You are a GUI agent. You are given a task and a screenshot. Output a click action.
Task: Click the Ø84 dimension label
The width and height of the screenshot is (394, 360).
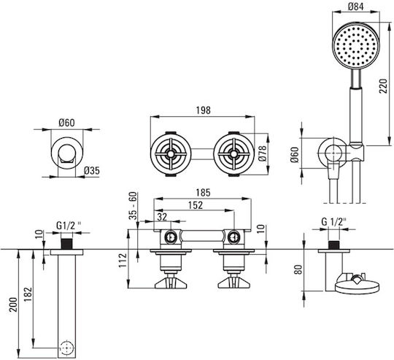(x=356, y=7)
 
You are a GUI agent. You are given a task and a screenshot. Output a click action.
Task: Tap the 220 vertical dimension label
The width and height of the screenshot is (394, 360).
(x=384, y=86)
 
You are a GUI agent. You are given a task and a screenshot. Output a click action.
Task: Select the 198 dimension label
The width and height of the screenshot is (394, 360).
(x=204, y=110)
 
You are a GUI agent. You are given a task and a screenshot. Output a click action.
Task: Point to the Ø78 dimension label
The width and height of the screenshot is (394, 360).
(x=263, y=153)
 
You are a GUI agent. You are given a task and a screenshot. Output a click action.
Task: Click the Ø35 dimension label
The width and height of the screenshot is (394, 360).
(x=92, y=171)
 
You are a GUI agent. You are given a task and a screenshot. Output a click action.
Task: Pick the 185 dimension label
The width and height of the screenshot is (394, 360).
(x=203, y=193)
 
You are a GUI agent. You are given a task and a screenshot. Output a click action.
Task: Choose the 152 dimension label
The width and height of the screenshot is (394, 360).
(x=196, y=205)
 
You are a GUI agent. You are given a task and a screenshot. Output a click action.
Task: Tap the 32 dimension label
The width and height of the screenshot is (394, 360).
(x=162, y=217)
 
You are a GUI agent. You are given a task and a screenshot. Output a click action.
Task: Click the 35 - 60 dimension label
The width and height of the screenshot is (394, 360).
(x=134, y=206)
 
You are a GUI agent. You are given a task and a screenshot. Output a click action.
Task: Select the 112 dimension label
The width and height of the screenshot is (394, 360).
(x=123, y=261)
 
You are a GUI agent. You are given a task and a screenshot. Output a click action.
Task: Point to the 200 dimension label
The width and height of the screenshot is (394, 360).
(x=13, y=305)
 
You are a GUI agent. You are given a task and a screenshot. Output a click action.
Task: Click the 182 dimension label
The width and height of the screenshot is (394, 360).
(x=28, y=294)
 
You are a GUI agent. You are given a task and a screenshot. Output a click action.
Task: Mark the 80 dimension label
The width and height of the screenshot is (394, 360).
(x=298, y=269)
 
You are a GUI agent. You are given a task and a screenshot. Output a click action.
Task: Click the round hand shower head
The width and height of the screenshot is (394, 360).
(x=356, y=45)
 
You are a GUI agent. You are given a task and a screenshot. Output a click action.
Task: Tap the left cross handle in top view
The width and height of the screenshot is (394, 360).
(x=171, y=154)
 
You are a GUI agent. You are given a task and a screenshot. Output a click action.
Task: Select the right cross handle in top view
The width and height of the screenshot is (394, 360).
(x=234, y=154)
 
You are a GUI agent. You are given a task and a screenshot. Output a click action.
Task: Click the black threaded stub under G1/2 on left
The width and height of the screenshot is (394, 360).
(x=67, y=244)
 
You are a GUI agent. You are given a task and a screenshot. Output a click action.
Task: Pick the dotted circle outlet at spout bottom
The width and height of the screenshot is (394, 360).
(x=66, y=348)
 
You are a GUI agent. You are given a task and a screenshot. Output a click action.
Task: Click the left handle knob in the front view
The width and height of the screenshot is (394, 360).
(x=171, y=283)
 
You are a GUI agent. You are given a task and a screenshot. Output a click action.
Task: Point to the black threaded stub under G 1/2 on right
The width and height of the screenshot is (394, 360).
(x=333, y=245)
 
